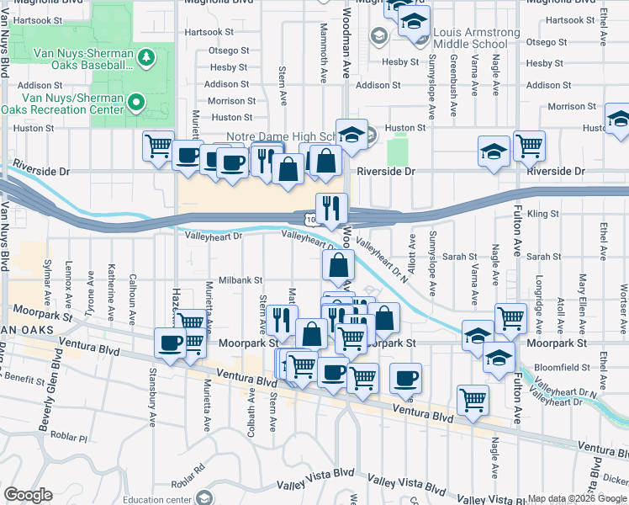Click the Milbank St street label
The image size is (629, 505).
[241, 280]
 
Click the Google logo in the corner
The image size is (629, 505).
[28, 496]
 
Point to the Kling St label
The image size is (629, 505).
[547, 215]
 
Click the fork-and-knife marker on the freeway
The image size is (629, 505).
[331, 207]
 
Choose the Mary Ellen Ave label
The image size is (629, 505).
[582, 294]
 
